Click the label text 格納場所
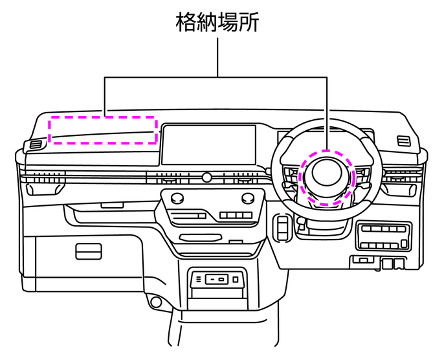click(217, 22)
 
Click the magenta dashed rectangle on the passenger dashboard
click(104, 129)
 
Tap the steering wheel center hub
click(327, 176)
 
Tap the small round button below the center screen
click(207, 177)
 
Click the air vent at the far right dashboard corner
click(403, 141)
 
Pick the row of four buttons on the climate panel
click(234, 215)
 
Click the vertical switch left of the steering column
click(282, 226)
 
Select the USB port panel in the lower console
click(215, 279)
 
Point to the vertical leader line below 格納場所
click(217, 56)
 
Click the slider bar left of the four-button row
click(189, 215)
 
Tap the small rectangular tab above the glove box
click(112, 205)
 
